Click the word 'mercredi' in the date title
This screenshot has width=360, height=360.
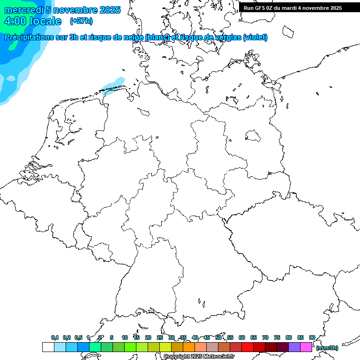(24, 10)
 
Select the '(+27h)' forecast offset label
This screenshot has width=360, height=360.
(81, 21)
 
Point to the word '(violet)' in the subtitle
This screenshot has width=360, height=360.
(255, 37)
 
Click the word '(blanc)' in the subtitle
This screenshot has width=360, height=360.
(157, 37)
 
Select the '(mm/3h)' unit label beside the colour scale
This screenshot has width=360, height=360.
(327, 348)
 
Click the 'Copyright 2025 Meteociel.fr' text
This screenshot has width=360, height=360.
(199, 357)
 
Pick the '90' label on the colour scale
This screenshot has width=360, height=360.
(312, 337)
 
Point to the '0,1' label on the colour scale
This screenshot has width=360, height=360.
(55, 337)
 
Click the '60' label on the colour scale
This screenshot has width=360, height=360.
(242, 337)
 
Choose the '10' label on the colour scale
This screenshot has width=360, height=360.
(125, 337)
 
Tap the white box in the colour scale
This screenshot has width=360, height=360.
(48, 347)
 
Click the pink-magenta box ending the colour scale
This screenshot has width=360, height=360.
(306, 347)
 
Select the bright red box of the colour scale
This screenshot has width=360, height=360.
(247, 347)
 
